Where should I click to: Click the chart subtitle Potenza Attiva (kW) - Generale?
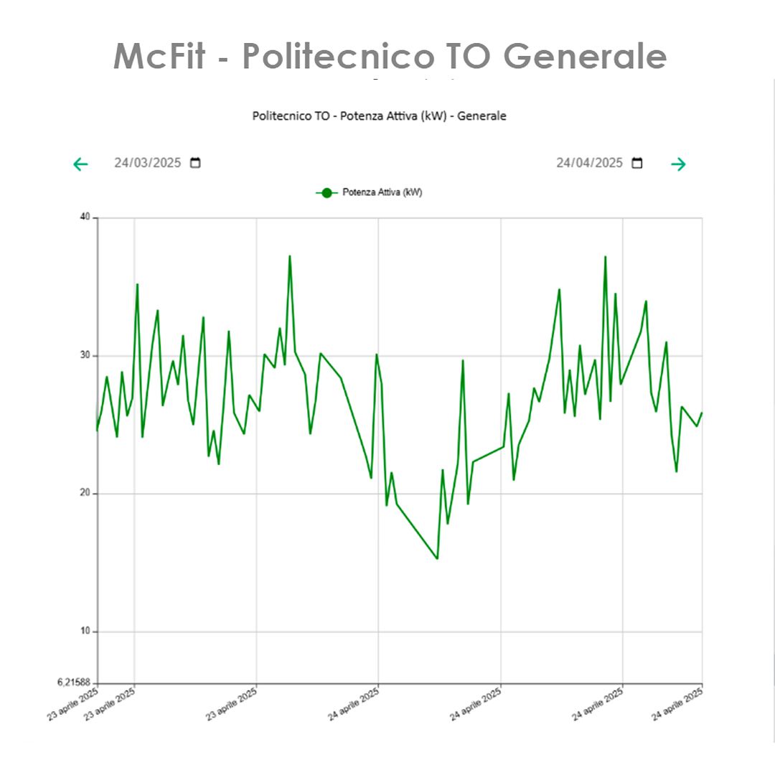(379, 116)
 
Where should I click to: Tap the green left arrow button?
(80, 164)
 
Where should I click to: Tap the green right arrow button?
(678, 164)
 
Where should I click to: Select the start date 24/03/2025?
(148, 163)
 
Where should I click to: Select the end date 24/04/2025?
(589, 163)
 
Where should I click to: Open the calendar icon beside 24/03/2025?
(195, 163)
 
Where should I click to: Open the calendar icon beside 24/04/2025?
(637, 163)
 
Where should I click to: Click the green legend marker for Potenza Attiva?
(327, 192)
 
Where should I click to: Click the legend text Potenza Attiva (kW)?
(382, 192)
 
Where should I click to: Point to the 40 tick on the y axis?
(85, 217)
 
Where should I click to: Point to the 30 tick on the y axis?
(85, 356)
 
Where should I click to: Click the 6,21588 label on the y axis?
(74, 682)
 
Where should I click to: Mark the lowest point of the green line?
(437, 558)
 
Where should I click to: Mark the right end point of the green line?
(701, 413)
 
